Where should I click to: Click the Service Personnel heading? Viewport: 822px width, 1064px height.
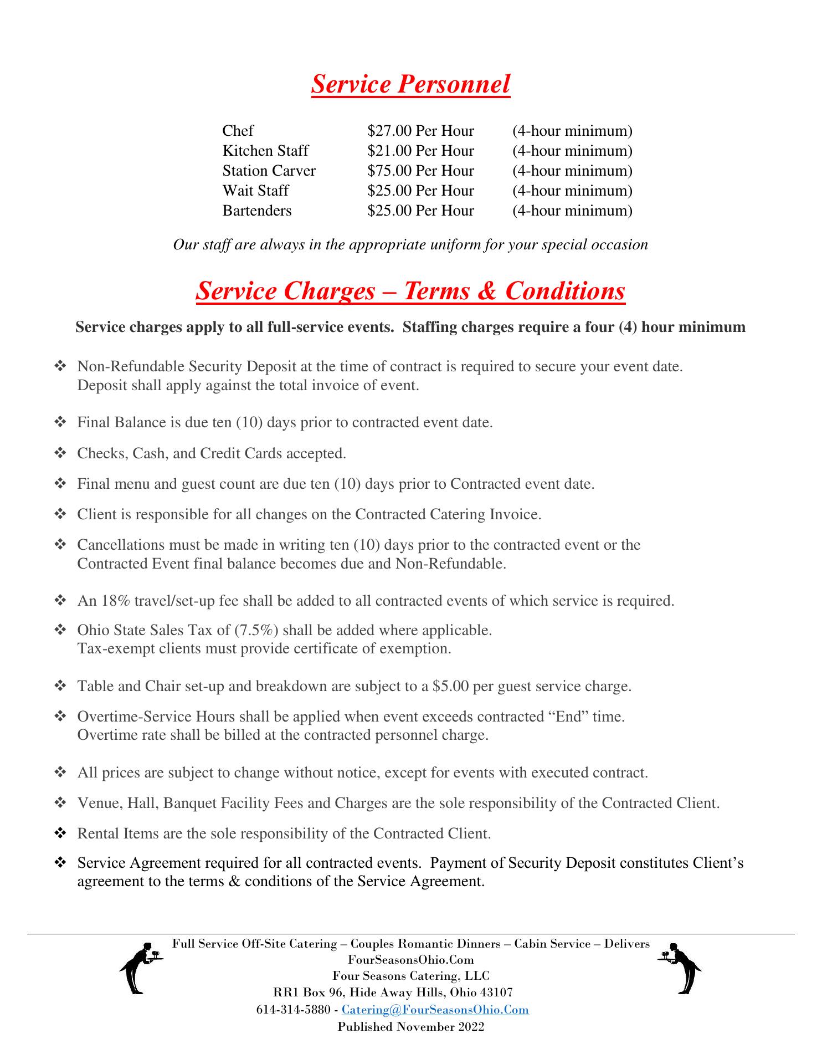pyautogui.click(x=410, y=85)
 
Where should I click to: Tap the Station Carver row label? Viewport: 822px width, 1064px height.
pyautogui.click(x=269, y=171)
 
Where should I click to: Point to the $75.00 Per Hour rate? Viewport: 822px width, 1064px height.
pyautogui.click(x=420, y=171)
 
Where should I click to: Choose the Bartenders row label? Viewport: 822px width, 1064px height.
pyautogui.click(x=256, y=211)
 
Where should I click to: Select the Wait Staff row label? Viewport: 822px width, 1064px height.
pyautogui.click(x=255, y=191)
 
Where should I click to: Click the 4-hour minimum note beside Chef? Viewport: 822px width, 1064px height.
pyautogui.click(x=572, y=131)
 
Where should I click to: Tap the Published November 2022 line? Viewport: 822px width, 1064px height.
pyautogui.click(x=411, y=1026)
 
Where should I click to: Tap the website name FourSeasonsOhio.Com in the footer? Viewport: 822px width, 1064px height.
pyautogui.click(x=411, y=959)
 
